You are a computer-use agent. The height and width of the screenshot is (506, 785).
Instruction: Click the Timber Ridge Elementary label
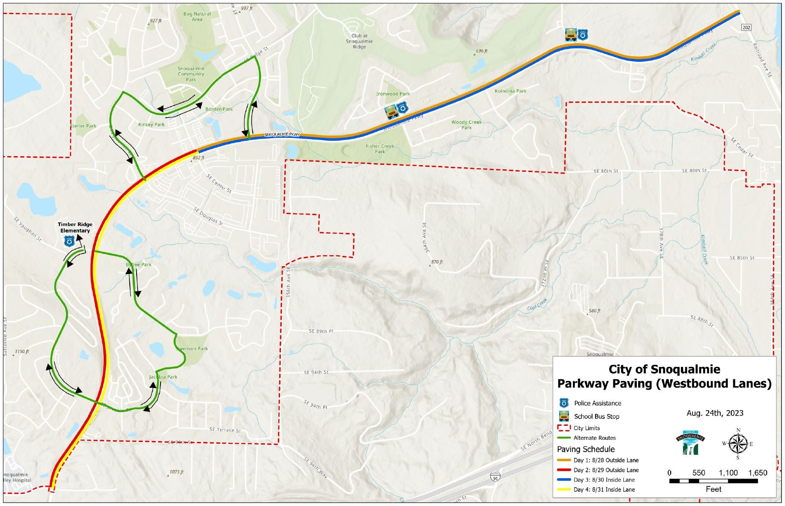[x=75, y=227]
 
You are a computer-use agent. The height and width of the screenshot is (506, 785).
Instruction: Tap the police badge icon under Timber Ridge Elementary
[x=69, y=241]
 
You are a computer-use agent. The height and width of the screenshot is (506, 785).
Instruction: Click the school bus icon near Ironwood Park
[x=391, y=112]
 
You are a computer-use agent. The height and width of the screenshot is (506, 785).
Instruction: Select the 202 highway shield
[x=746, y=28]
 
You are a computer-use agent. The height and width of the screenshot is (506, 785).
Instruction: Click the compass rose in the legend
[x=737, y=444]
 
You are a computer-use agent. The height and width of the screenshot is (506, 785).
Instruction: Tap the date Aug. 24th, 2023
[x=715, y=413]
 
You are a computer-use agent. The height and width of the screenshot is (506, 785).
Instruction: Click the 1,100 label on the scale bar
[x=728, y=473]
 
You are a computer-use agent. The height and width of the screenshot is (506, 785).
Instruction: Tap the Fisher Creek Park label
[x=380, y=148]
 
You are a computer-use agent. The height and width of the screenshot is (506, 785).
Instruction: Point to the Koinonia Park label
[x=511, y=91]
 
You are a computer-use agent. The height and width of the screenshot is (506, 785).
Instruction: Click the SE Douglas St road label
[x=208, y=216]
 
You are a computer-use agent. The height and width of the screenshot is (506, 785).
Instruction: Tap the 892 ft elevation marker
[x=198, y=158]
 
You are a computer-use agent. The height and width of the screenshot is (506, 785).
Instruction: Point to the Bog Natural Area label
[x=197, y=16]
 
